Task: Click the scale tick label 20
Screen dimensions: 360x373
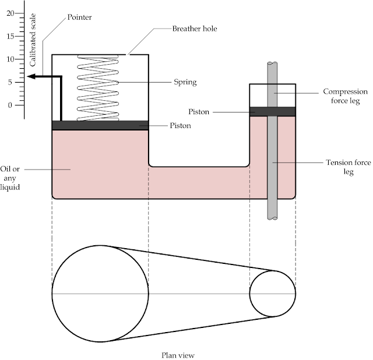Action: pyautogui.click(x=10, y=13)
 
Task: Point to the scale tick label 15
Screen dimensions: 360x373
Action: pyautogui.click(x=10, y=36)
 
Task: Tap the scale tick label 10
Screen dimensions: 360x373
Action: pyautogui.click(x=10, y=59)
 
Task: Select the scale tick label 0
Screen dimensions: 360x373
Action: pyautogui.click(x=10, y=105)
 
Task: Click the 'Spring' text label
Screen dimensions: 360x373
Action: pyautogui.click(x=185, y=83)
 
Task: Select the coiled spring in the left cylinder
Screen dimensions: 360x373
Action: pyautogui.click(x=98, y=87)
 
